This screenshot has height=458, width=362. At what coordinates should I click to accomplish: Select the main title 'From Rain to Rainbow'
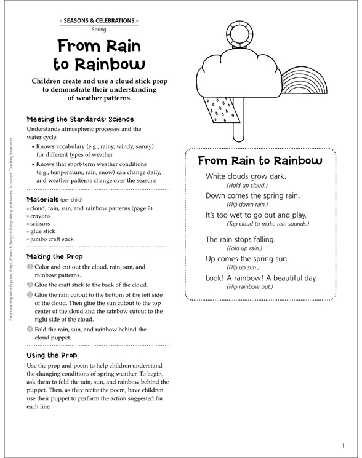[x=99, y=55]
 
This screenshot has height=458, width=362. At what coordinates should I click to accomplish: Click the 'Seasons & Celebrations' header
[x=99, y=20]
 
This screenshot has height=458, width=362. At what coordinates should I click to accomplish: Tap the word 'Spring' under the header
[x=99, y=29]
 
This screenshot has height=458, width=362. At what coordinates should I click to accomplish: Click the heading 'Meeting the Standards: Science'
[x=80, y=119]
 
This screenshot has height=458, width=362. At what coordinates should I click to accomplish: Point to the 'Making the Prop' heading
[x=55, y=256]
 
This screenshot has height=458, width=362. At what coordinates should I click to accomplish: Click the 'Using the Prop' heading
[x=52, y=355]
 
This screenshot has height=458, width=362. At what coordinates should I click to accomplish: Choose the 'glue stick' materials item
[x=43, y=231]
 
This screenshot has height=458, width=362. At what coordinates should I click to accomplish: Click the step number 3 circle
[x=30, y=294]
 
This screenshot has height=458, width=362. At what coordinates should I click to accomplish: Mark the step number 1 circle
[x=30, y=267]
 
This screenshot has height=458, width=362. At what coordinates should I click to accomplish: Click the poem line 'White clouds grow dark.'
[x=246, y=176]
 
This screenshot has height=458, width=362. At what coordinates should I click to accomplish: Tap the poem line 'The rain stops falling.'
[x=241, y=239]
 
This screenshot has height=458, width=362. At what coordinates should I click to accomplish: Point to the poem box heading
[x=260, y=161]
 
